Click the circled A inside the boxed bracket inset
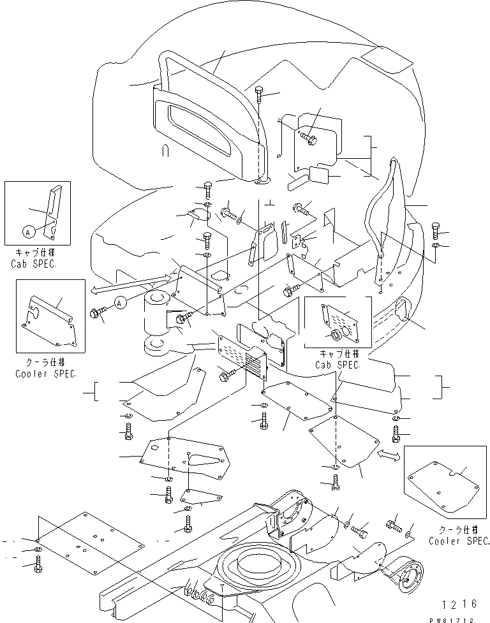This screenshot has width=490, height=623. coord(29,231)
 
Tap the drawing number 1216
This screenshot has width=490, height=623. coord(458,603)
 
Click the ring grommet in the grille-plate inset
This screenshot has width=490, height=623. coord(334,336)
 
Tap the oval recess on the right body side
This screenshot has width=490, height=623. coord(403,311)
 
